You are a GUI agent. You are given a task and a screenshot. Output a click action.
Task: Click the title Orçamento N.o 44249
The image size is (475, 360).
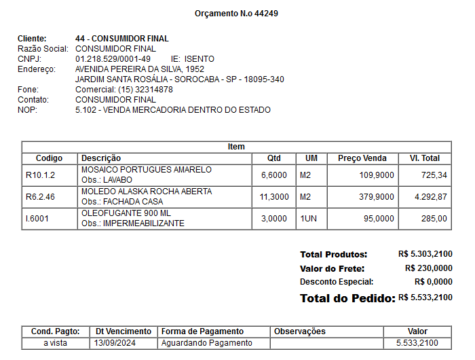coord(236,14)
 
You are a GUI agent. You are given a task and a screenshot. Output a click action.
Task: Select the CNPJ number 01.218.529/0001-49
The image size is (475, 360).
coord(113,59)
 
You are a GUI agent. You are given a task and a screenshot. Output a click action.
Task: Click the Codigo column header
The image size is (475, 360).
coord(50,158)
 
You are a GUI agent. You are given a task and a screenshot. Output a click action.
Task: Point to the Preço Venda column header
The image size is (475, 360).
coord(362,158)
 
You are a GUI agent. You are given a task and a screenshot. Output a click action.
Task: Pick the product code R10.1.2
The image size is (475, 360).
coord(40,175)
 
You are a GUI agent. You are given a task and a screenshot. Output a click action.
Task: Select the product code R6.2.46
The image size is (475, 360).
coord(40,197)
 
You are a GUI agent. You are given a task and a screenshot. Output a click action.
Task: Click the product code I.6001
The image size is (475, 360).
coord(38,219)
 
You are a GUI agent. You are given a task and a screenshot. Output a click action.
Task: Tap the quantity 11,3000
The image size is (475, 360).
coord(273,197)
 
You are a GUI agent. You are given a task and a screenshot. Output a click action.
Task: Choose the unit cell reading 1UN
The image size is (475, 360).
coord(309,219)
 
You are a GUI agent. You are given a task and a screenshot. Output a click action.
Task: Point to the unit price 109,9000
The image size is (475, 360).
coord(375,175)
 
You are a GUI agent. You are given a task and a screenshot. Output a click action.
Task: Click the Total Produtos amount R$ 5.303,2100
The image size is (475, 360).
coord(425,254)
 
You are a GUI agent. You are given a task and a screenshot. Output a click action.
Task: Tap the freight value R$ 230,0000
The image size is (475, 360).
coord(429,268)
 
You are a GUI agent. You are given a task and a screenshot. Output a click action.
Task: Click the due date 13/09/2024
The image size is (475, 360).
coord(116,343)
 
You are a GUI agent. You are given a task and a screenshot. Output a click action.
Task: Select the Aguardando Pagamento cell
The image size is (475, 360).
coord(206,343)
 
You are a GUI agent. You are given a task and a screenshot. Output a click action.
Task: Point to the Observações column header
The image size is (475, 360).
coord(299,331)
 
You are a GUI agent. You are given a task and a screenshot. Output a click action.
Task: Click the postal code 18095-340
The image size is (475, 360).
coord(265,79)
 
